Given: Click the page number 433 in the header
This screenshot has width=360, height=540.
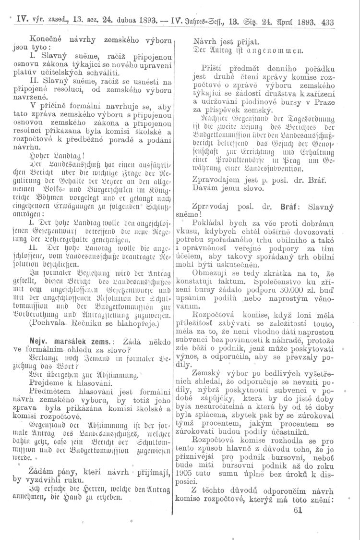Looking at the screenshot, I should (x=328, y=22).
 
